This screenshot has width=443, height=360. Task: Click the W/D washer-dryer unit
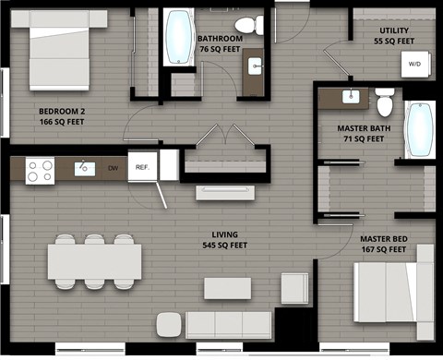(x=413, y=65)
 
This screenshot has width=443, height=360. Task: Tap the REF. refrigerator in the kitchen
(x=142, y=167)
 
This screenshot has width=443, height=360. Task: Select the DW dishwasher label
(x=113, y=168)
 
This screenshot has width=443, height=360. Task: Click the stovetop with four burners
(x=40, y=170)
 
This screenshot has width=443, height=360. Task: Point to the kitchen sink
(x=84, y=168)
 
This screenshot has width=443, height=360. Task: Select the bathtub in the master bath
(x=421, y=130)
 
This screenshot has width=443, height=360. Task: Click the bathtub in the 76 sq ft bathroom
(x=177, y=39)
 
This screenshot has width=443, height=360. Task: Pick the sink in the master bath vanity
(x=351, y=96)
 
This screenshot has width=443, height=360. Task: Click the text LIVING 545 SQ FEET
(x=226, y=240)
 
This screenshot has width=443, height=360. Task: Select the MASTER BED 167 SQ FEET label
(x=384, y=244)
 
